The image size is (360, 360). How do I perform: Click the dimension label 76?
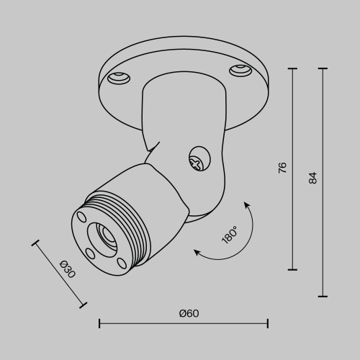[x=283, y=167]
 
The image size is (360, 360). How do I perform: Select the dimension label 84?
[x=312, y=178]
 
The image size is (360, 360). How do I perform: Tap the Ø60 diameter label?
[x=189, y=313]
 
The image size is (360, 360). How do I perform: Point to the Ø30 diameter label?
[x=67, y=268]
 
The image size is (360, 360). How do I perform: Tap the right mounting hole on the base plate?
[x=238, y=71]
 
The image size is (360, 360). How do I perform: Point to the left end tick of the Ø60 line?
[x=99, y=323]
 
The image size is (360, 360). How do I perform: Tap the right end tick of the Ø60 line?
[x=268, y=323]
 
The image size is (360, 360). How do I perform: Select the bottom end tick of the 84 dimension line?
[x=322, y=296]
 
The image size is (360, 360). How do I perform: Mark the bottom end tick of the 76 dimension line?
[x=292, y=269]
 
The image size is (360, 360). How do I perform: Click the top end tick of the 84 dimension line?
[x=322, y=69]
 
